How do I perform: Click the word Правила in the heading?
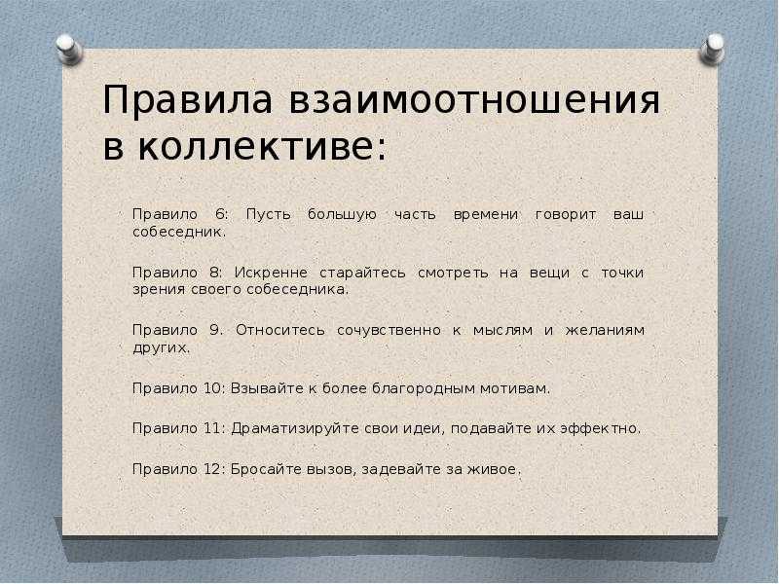[x=187, y=100]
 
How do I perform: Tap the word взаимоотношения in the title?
[x=474, y=101]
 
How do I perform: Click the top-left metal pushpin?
[x=69, y=50]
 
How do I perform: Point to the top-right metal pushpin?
[x=712, y=49]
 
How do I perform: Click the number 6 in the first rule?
[x=222, y=214]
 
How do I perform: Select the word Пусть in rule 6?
[x=269, y=215]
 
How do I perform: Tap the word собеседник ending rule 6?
[x=179, y=232]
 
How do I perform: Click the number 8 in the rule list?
[x=215, y=273]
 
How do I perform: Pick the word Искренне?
[x=272, y=273]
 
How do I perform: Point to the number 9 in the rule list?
[x=215, y=330]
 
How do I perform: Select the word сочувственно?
[x=389, y=331]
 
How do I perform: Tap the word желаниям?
[x=605, y=330]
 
